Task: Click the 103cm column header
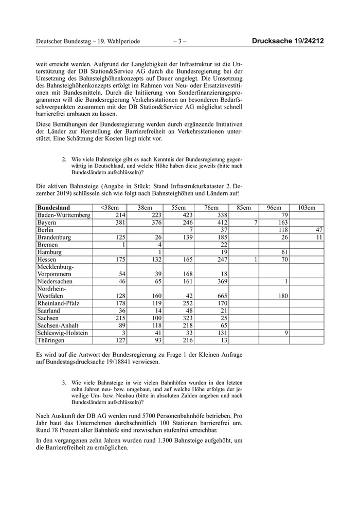coord(308,207)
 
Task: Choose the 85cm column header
coord(243,207)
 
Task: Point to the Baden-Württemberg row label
coord(62,215)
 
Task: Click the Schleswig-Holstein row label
coord(62,333)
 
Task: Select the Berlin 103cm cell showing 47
coord(319,230)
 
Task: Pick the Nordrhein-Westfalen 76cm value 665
coord(222,296)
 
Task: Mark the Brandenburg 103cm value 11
coord(319,238)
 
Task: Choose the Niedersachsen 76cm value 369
coord(222,282)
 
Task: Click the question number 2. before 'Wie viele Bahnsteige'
coord(64,159)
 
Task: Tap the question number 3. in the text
coord(64,383)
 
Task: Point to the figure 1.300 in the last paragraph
coord(156,440)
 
